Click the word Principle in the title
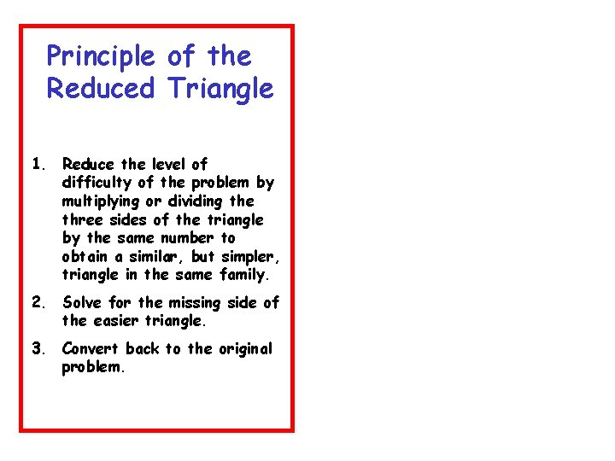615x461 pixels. click(x=101, y=57)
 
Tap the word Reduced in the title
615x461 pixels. click(x=101, y=88)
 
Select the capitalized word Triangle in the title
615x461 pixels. click(x=221, y=88)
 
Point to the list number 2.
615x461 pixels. click(x=37, y=302)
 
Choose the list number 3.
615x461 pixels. click(x=37, y=348)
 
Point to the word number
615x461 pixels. click(x=190, y=238)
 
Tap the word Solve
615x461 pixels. click(x=82, y=302)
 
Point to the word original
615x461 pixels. click(x=245, y=349)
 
